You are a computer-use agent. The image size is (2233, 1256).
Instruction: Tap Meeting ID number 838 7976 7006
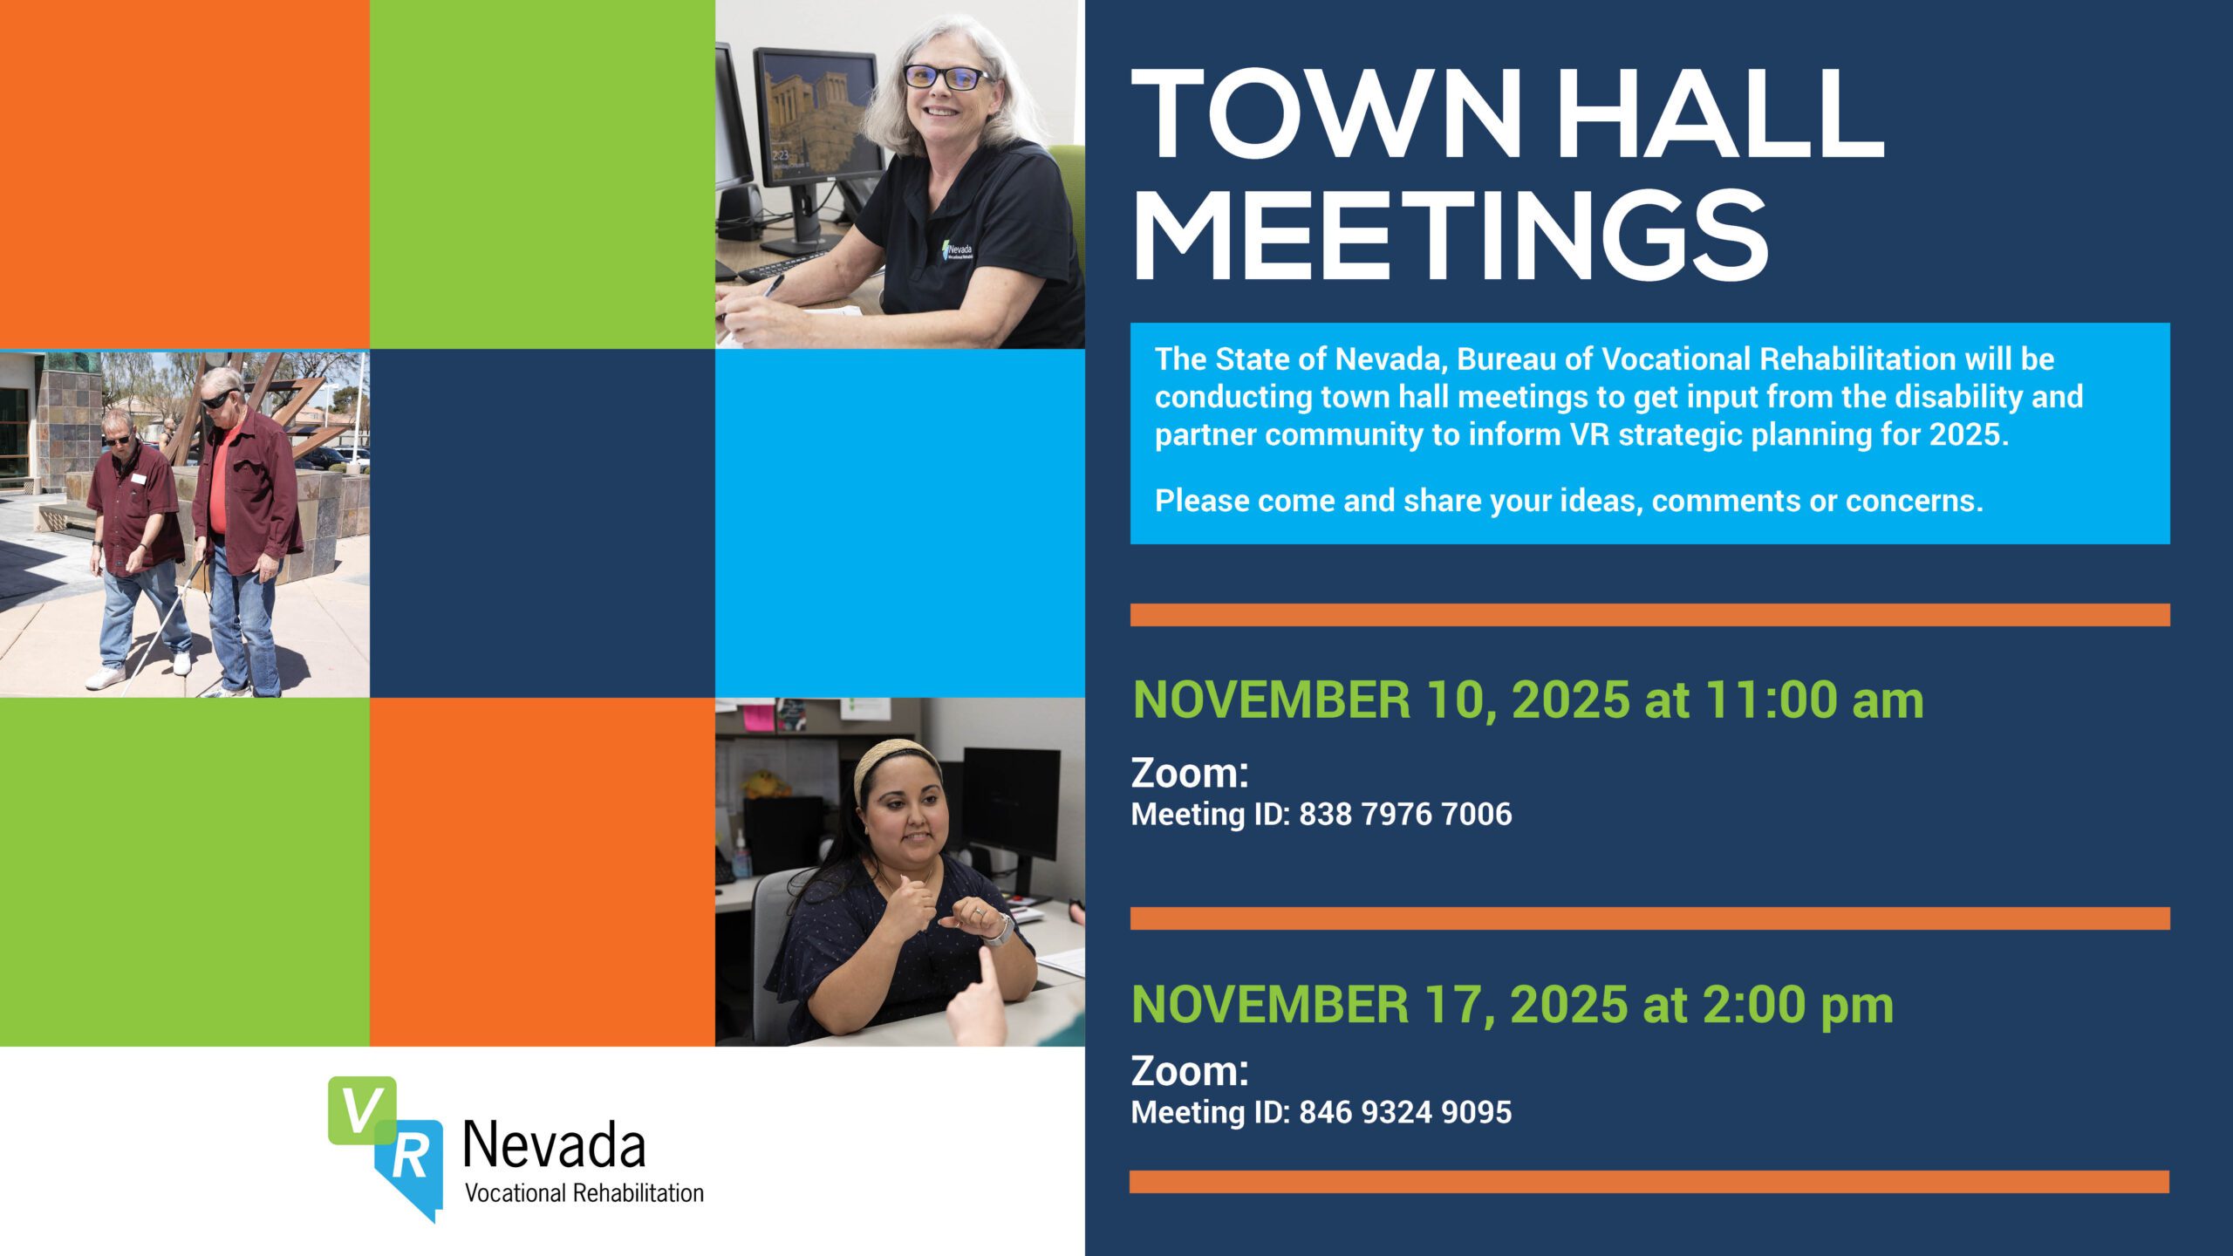pyautogui.click(x=1405, y=815)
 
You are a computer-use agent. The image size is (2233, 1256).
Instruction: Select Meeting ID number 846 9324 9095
pyautogui.click(x=1405, y=1113)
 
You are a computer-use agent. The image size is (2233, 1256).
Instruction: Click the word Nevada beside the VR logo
pyautogui.click(x=554, y=1144)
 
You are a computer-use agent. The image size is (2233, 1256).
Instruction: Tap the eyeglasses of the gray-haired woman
pyautogui.click(x=946, y=78)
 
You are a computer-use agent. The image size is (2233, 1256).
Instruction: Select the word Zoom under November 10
pyautogui.click(x=1190, y=775)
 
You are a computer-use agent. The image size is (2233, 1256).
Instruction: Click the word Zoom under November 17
pyautogui.click(x=1190, y=1072)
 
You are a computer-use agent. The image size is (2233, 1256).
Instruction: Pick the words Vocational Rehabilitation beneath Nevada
pyautogui.click(x=584, y=1193)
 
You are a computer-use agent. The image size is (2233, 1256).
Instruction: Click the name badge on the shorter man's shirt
pyautogui.click(x=138, y=479)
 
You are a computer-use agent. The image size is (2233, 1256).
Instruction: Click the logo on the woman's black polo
pyautogui.click(x=958, y=252)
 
